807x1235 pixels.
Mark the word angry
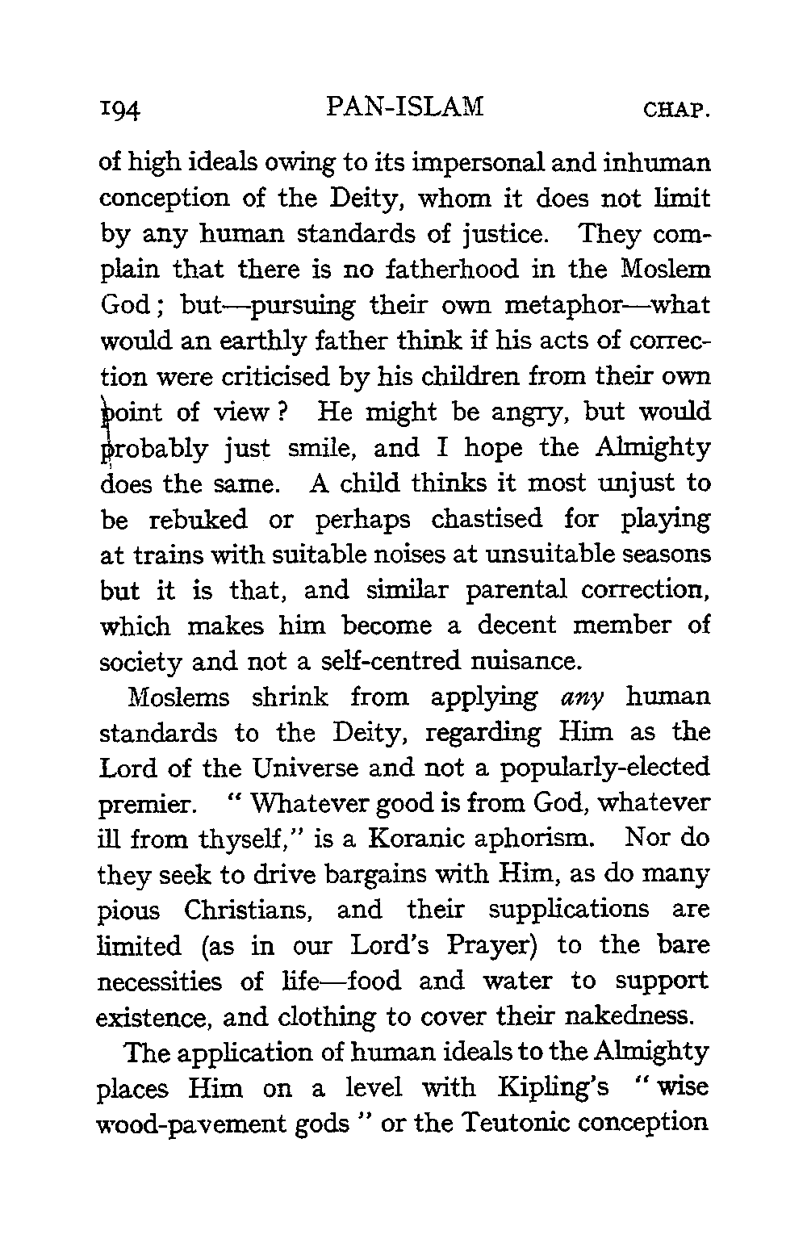[x=526, y=413]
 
